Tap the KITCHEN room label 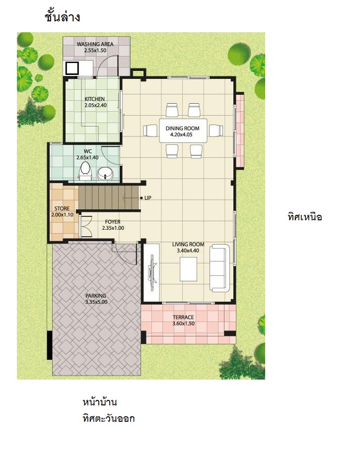(94, 99)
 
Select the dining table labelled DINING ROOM (183, 130)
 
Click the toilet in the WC (85, 171)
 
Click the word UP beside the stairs (148, 198)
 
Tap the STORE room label (62, 208)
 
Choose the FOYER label (113, 222)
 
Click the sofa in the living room (219, 268)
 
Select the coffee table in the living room (189, 269)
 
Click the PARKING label (96, 296)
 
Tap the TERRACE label (183, 317)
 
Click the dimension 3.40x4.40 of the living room (188, 251)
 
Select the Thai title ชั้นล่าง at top (63, 17)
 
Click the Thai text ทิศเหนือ (305, 217)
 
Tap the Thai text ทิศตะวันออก (108, 418)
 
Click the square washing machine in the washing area (72, 68)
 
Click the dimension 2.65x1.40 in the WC (87, 157)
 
